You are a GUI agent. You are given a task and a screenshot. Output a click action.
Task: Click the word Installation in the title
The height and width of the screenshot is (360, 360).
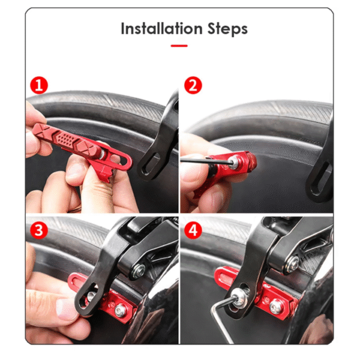[x=161, y=29]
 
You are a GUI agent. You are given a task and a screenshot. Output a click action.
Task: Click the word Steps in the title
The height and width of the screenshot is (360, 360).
[x=227, y=29]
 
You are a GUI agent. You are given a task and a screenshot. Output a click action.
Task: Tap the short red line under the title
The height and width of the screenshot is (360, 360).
[x=179, y=46]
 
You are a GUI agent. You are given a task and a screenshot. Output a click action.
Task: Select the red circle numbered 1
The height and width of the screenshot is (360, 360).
[x=39, y=85]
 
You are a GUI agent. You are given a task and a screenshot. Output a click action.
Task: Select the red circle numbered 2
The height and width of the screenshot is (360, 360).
[x=193, y=85]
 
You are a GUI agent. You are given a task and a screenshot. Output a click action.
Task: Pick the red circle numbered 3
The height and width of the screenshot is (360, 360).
[x=39, y=230]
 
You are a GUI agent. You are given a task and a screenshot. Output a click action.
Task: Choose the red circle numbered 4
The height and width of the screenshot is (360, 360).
[x=193, y=230]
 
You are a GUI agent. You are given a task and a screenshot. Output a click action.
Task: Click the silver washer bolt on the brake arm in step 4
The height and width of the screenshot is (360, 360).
[x=239, y=298]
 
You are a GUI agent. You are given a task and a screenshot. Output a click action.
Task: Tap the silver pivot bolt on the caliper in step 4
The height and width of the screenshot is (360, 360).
[x=292, y=265]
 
